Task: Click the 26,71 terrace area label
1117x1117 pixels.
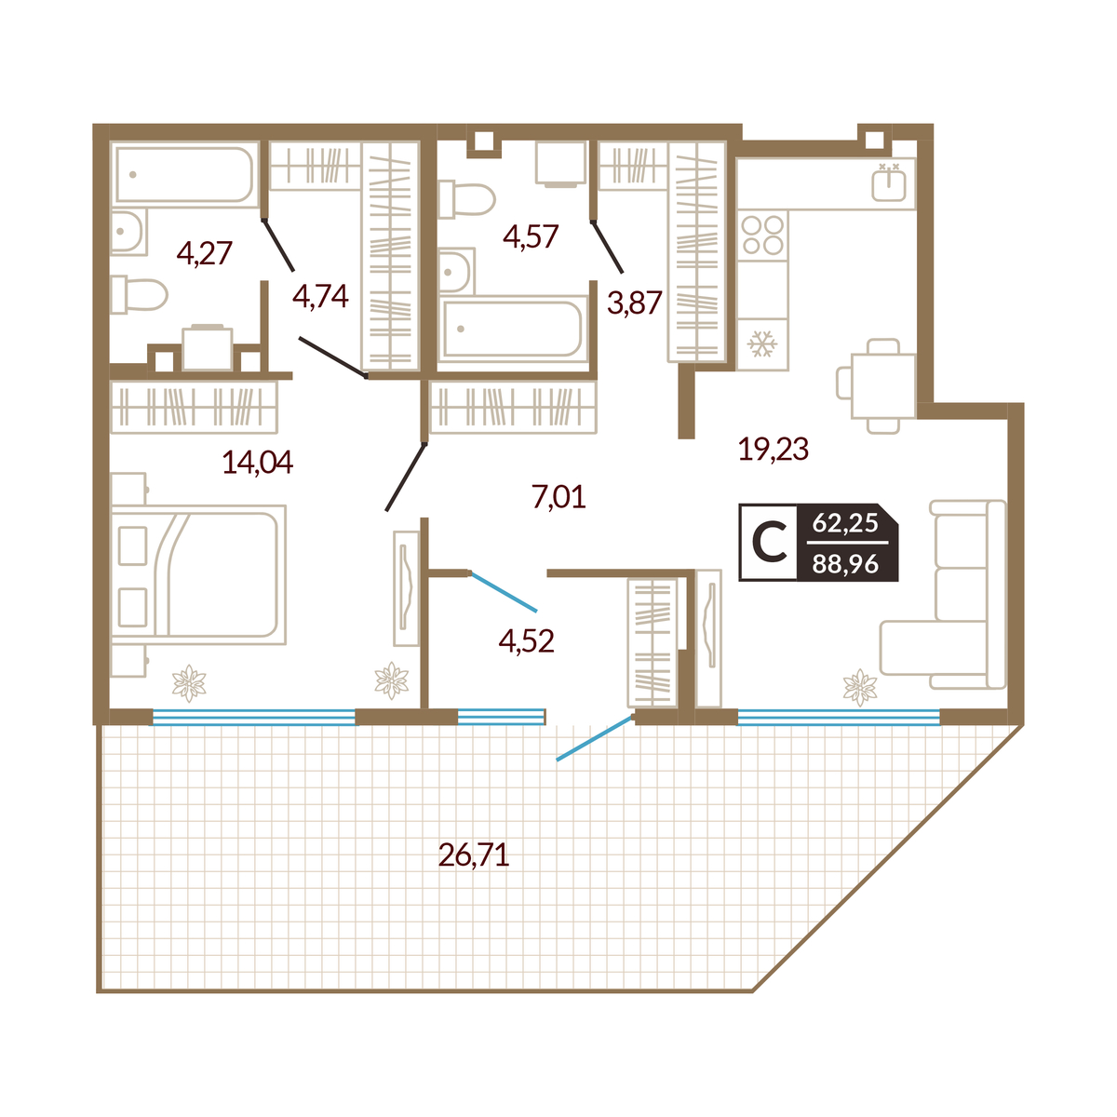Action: tap(474, 855)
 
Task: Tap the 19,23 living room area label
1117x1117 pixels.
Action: tap(774, 449)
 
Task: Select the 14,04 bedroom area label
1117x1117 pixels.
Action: tap(257, 462)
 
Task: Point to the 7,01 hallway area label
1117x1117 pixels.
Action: tap(558, 497)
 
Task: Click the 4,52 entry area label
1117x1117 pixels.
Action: tap(526, 641)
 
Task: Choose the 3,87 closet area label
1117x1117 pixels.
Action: tap(635, 303)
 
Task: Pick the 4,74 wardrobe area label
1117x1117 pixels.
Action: tap(320, 296)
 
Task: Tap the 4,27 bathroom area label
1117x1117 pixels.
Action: tap(205, 253)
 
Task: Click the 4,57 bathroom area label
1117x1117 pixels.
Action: tap(531, 236)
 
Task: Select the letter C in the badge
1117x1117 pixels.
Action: tap(769, 543)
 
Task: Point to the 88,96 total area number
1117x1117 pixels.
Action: tap(845, 563)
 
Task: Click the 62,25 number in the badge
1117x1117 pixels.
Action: tap(845, 523)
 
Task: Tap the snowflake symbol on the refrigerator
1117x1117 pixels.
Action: tap(761, 344)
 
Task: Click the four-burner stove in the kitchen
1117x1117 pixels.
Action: tap(763, 235)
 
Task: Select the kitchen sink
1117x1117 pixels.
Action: tap(889, 183)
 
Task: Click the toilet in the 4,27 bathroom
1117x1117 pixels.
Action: tap(139, 295)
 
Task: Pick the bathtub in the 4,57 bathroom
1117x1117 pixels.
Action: tap(513, 328)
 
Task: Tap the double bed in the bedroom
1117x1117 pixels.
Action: tap(198, 574)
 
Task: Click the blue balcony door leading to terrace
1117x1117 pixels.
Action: tap(594, 738)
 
